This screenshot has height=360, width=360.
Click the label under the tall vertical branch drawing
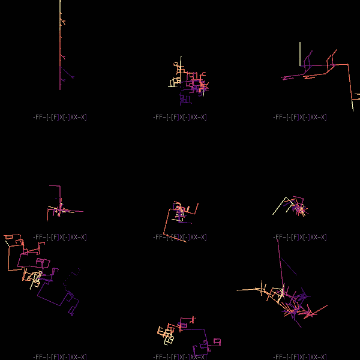click(59, 117)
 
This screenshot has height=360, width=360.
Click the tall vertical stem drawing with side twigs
click(60, 48)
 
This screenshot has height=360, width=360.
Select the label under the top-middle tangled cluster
click(179, 117)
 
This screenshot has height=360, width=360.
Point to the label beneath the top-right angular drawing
click(299, 117)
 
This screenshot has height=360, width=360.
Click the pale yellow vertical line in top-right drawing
click(300, 53)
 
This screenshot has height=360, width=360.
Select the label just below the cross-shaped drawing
click(59, 237)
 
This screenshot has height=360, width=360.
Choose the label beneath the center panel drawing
click(179, 237)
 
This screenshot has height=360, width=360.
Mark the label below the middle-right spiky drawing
click(299, 237)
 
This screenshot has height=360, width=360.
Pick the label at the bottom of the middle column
click(179, 357)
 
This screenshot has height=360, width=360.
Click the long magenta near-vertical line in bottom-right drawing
click(280, 264)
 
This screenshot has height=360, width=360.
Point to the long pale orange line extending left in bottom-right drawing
click(252, 290)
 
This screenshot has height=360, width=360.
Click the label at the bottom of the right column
click(299, 357)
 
